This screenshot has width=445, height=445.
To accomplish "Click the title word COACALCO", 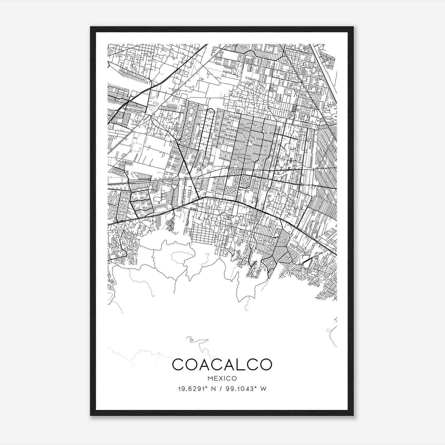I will (222, 364).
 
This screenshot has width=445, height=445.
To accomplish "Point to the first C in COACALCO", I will (178, 364).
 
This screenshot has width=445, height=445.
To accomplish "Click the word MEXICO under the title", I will (222, 379).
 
